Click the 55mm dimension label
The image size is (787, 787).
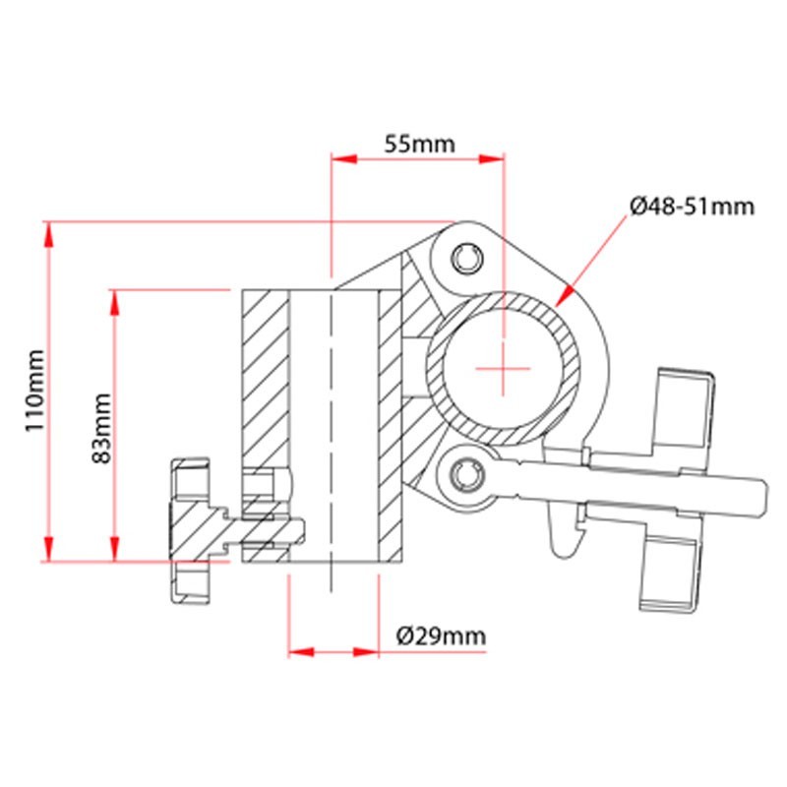coord(420,144)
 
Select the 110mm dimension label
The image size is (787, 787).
coord(35,391)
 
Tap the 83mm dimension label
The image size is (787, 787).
coord(102,429)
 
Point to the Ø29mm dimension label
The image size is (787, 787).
coord(441,636)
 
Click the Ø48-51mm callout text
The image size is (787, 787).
coord(693,207)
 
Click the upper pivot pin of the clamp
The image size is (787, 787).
coord(468,259)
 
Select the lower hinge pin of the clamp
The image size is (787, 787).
coord(468,475)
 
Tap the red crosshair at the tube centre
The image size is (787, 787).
coord(503,369)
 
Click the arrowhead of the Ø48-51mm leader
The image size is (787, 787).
coord(565,296)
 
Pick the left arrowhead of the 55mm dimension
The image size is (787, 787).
coord(344,159)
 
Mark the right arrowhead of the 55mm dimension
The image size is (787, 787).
coord(491,159)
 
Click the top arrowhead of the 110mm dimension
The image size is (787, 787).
coord(48,235)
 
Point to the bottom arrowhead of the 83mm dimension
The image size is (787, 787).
coord(115,549)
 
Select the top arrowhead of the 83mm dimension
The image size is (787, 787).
coord(115,303)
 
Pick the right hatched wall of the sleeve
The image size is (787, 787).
coord(391,426)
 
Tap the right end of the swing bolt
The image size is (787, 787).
coord(763,496)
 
